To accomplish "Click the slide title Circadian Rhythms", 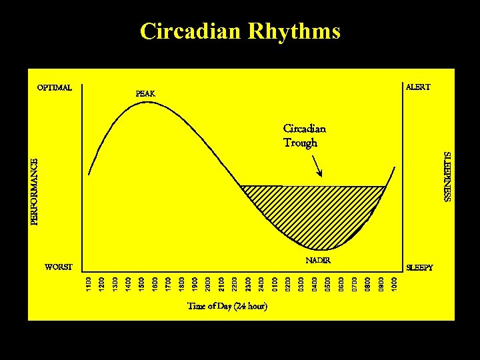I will (240, 31).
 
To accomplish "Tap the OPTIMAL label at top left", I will (55, 87).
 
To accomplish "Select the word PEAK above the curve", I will (145, 94).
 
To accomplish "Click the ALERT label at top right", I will (418, 87).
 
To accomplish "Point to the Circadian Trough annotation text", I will (305, 135).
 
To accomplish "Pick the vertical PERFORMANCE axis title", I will (35, 191).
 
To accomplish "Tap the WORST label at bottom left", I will (58, 267).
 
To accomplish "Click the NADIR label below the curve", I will (318, 260).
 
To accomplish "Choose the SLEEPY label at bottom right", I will (419, 267).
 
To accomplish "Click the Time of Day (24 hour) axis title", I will (227, 307).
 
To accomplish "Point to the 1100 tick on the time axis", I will (88, 283).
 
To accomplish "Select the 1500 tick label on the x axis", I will (141, 283).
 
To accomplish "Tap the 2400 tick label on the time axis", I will (261, 283).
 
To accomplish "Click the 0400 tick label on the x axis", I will (315, 283).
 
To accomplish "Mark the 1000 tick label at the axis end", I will (395, 283).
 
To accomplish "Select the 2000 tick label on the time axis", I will (208, 283).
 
